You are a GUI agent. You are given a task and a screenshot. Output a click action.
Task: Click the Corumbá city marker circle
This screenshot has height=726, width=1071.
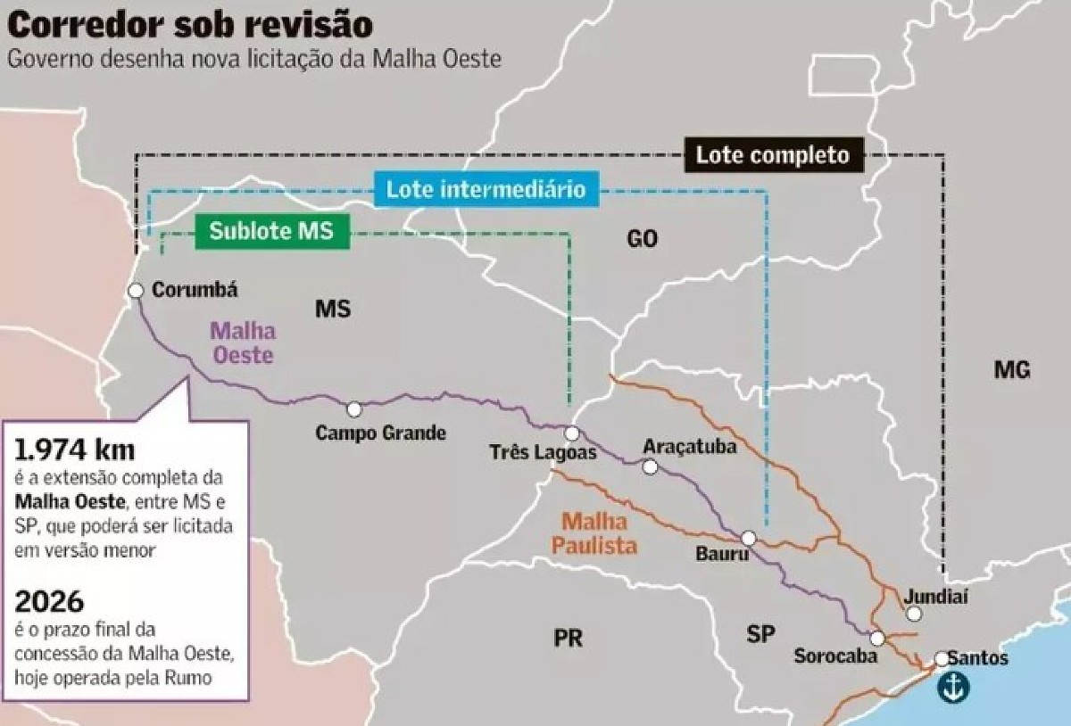pyautogui.click(x=136, y=290)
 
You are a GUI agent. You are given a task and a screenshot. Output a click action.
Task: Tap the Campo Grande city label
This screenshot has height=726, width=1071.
pyautogui.click(x=380, y=433)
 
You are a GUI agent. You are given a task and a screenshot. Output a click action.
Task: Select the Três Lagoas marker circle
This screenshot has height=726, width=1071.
pyautogui.click(x=572, y=433)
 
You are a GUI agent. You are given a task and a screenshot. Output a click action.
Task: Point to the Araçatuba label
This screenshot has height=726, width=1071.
pyautogui.click(x=690, y=447)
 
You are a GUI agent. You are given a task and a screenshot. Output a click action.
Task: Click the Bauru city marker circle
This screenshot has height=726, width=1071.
pyautogui.click(x=749, y=538)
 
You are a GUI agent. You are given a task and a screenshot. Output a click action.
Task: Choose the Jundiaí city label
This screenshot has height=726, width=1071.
pyautogui.click(x=936, y=596)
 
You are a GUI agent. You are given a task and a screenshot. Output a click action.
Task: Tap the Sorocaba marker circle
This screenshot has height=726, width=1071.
pyautogui.click(x=877, y=639)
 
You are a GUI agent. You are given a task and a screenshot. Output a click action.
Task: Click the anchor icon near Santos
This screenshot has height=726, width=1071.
pyautogui.click(x=952, y=686)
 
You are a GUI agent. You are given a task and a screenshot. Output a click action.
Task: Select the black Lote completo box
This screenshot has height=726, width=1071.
pyautogui.click(x=773, y=155)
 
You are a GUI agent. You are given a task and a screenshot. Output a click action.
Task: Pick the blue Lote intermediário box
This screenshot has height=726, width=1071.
pyautogui.click(x=486, y=190)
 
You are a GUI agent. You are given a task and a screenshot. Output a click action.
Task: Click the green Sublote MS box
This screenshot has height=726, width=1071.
pyautogui.click(x=271, y=231)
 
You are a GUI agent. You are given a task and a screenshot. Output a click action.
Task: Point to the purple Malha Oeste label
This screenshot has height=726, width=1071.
pyautogui.click(x=242, y=342)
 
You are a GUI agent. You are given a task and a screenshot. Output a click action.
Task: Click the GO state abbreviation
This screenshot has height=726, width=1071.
pyautogui.click(x=642, y=238)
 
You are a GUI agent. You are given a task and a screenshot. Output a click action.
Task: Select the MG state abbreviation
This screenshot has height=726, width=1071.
pyautogui.click(x=1012, y=369)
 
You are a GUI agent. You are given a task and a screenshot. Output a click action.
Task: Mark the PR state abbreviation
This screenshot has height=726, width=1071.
pyautogui.click(x=568, y=639)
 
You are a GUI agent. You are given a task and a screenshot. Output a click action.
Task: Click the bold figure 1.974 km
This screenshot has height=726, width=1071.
pyautogui.click(x=75, y=449)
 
